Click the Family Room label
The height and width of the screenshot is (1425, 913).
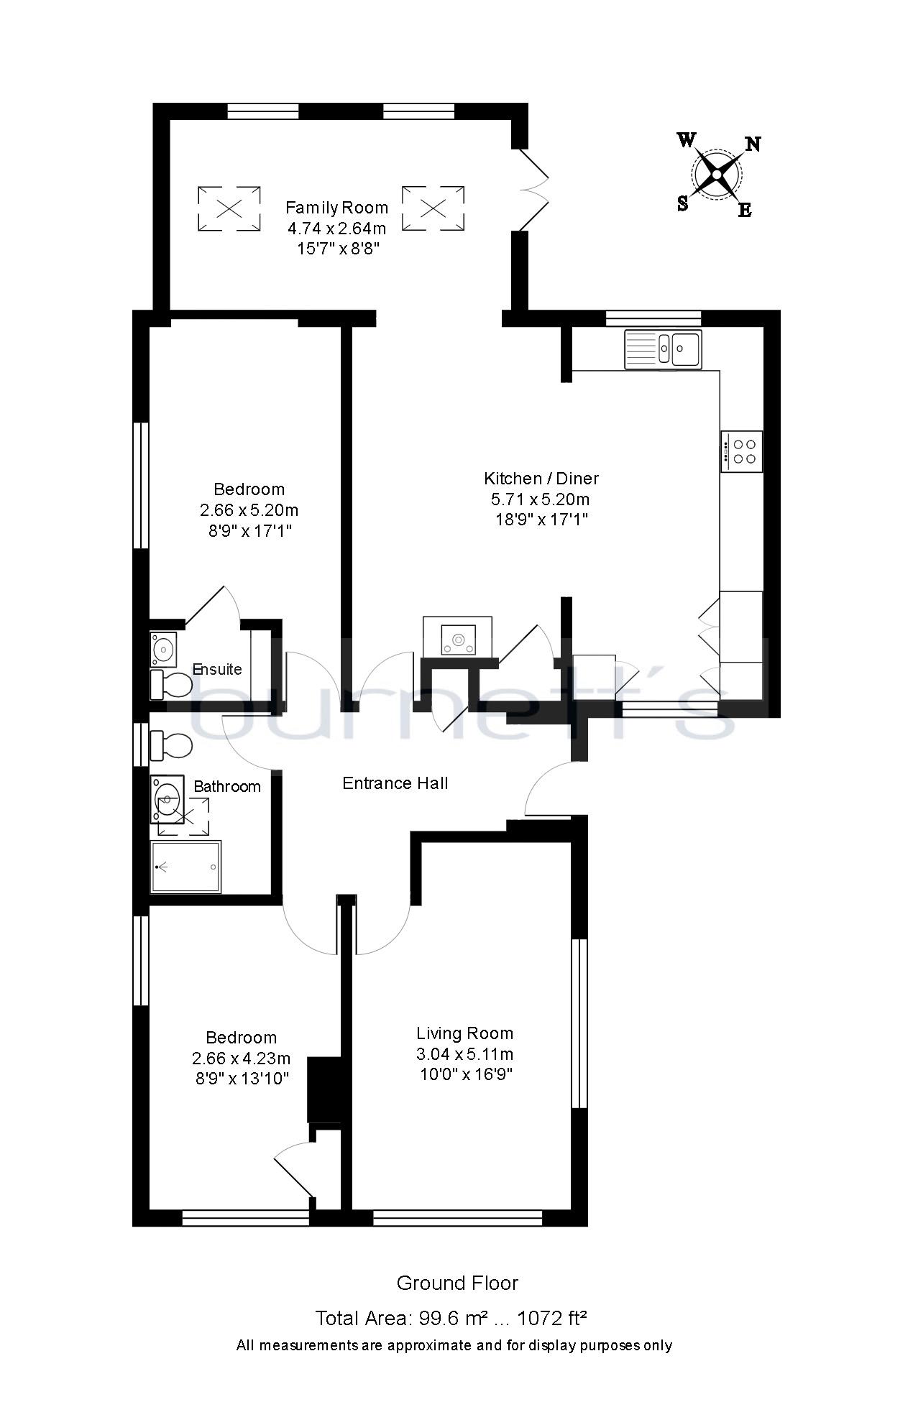tap(336, 208)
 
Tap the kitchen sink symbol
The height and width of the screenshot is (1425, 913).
tap(663, 349)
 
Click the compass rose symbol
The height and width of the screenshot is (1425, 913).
tap(717, 175)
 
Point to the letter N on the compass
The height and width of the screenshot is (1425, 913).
tap(752, 144)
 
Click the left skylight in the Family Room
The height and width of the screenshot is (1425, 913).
tap(229, 208)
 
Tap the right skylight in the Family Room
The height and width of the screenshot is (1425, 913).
tap(433, 208)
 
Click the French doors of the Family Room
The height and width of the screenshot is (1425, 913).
tap(533, 190)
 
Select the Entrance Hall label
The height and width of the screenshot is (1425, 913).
tap(395, 783)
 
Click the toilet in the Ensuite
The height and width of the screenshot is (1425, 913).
tap(170, 685)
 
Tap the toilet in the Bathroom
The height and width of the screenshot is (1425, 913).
tap(170, 745)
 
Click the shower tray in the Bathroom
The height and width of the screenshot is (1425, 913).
tap(185, 867)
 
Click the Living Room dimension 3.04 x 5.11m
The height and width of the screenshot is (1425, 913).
tap(464, 1054)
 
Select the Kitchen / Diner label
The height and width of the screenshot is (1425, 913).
tap(541, 479)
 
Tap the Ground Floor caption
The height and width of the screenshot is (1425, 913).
tap(457, 1283)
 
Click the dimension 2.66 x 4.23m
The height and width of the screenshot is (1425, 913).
tap(241, 1059)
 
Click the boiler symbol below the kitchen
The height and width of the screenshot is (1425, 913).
tap(457, 637)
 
